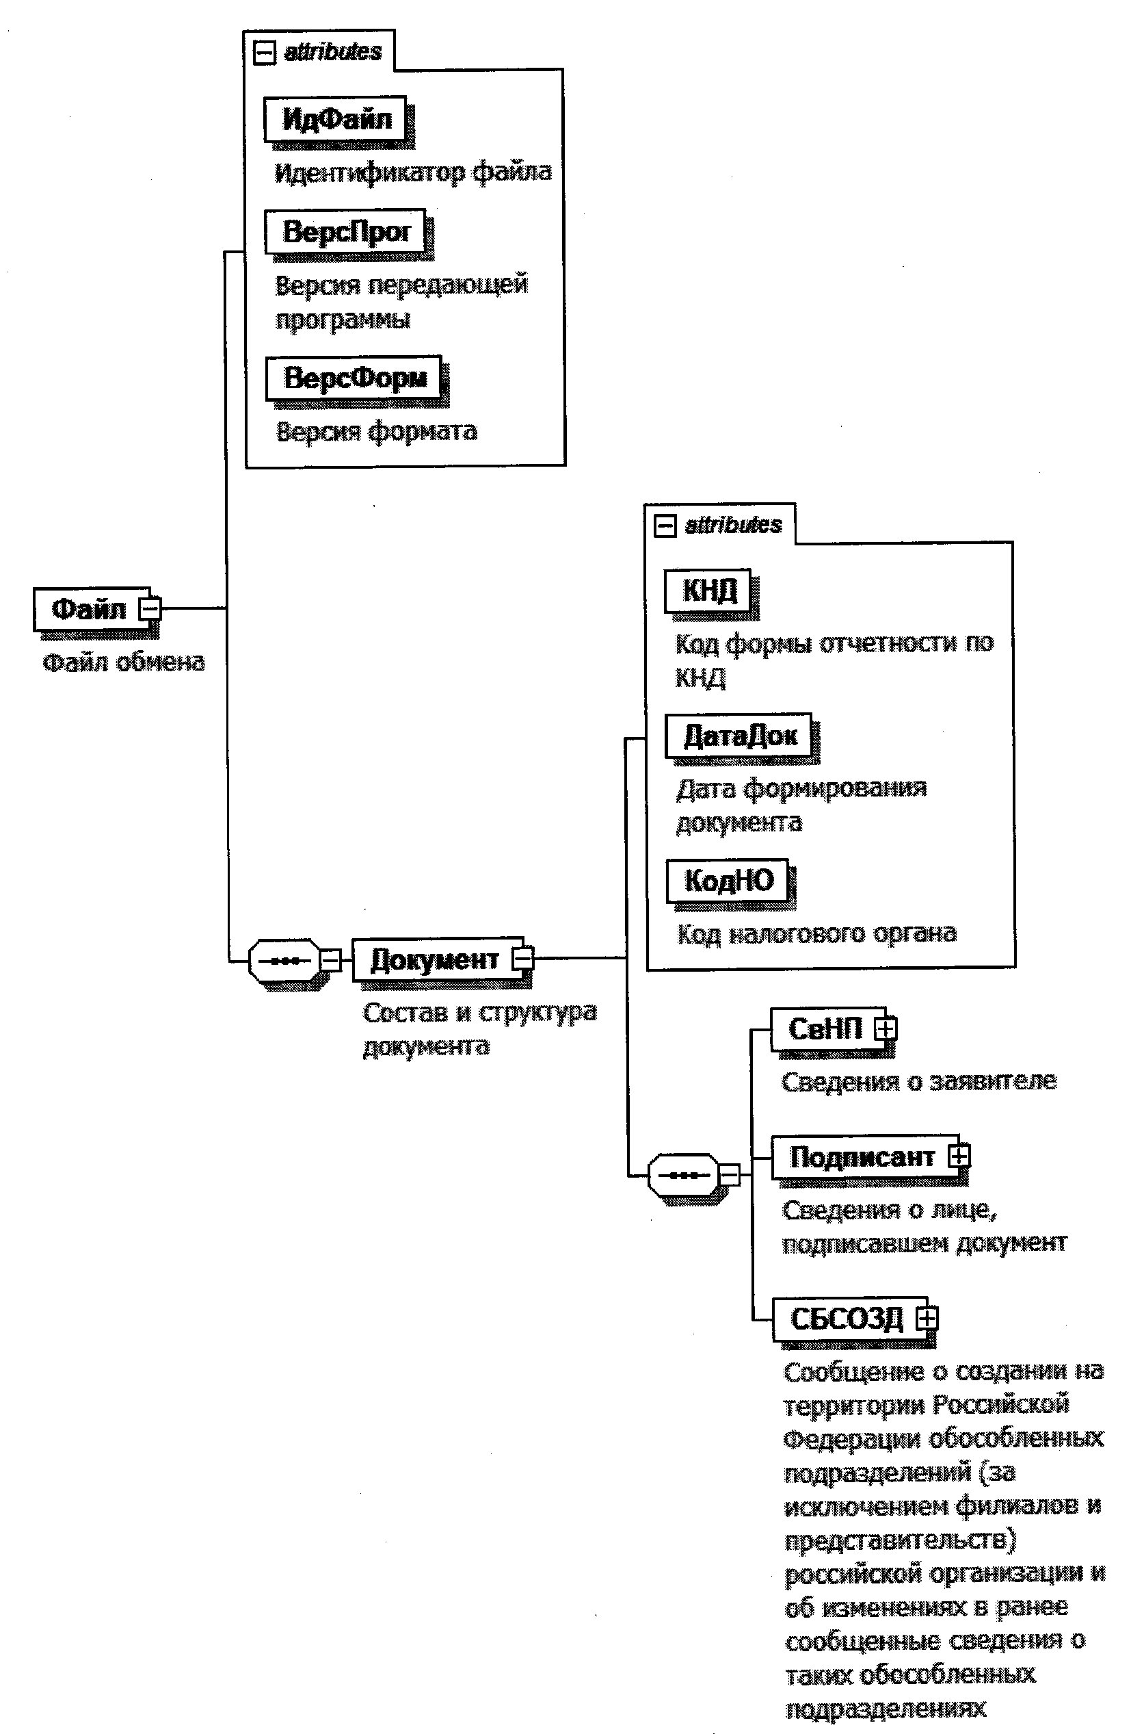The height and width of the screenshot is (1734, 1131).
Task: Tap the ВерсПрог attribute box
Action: (345, 232)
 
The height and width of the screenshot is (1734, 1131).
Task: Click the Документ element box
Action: (434, 959)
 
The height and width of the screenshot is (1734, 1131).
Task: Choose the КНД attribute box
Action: (708, 590)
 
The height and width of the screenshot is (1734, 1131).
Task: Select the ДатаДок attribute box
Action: (739, 735)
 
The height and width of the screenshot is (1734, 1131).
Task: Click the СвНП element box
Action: (825, 1028)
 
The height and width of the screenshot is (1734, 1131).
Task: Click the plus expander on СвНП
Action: (886, 1028)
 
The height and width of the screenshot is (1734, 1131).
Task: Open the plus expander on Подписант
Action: (959, 1156)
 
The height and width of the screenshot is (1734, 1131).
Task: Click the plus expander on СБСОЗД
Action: (927, 1317)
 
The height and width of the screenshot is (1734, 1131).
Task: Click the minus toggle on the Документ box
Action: (523, 958)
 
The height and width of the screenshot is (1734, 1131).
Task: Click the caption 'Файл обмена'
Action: (124, 662)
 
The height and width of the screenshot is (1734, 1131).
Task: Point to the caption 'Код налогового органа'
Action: (816, 933)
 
